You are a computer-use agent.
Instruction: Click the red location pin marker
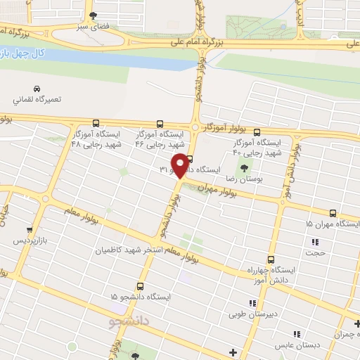pos(181,165)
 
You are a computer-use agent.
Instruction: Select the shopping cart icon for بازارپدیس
pos(29,229)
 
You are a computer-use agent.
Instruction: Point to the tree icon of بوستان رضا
pos(245,167)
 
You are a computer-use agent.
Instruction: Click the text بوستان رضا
pos(253,179)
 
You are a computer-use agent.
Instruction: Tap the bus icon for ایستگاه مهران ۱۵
pos(333,213)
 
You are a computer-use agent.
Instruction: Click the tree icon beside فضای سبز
pos(94,15)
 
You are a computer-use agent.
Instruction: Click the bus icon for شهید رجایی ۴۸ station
pos(77,122)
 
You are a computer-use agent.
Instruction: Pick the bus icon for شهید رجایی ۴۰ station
pos(255,131)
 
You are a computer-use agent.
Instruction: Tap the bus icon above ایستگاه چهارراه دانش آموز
pos(271,259)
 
